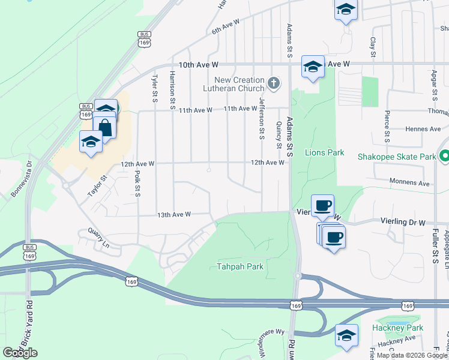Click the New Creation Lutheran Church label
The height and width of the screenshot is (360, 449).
pyautogui.click(x=240, y=84)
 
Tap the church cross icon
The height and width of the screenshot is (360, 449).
pyautogui.click(x=273, y=83)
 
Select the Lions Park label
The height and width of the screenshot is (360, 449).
pyautogui.click(x=324, y=152)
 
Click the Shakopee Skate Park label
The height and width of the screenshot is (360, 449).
pyautogui.click(x=396, y=157)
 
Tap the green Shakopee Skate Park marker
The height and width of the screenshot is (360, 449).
pyautogui.click(x=444, y=157)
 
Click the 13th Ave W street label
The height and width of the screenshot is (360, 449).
pyautogui.click(x=173, y=214)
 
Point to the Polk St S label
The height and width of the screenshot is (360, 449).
pyautogui.click(x=137, y=184)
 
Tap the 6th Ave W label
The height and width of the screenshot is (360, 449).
pyautogui.click(x=225, y=25)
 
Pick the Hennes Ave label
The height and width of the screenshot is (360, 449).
pyautogui.click(x=423, y=129)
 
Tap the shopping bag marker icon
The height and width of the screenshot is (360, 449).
pyautogui.click(x=105, y=128)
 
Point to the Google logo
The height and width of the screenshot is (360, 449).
pyautogui.click(x=20, y=353)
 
